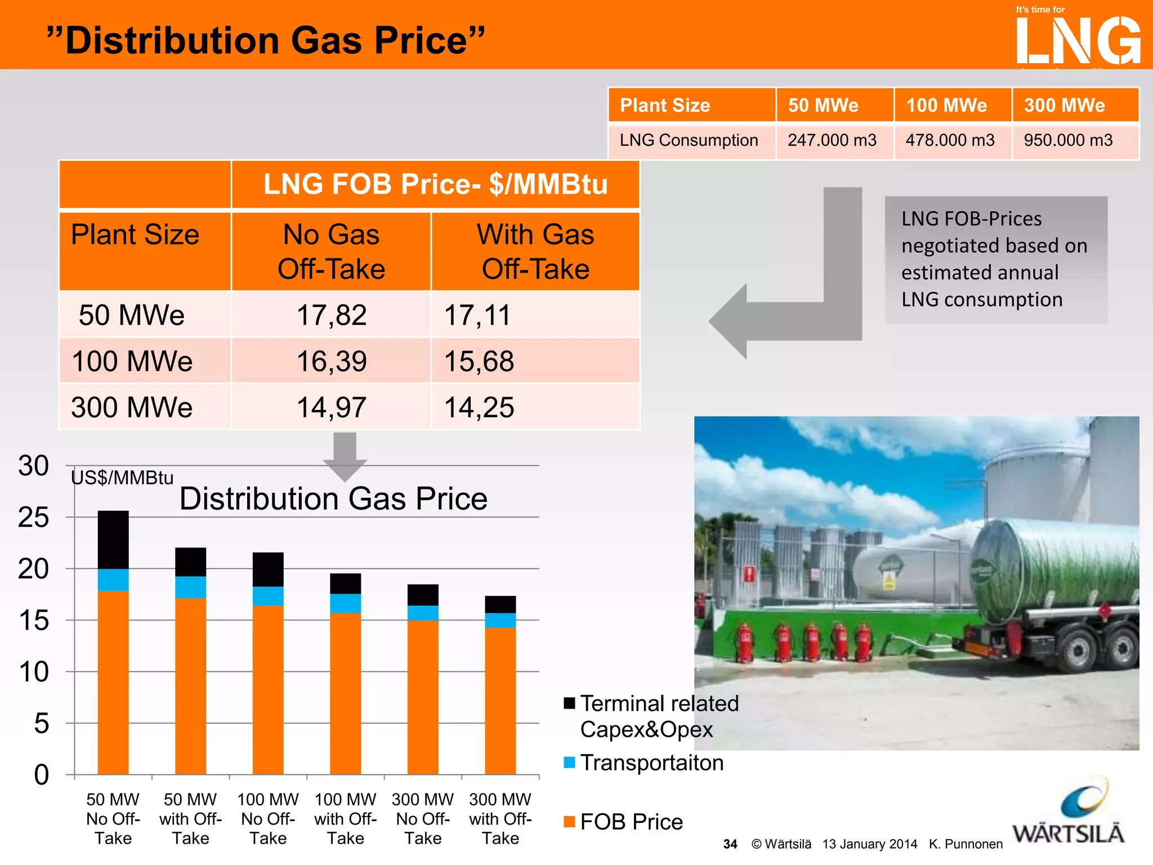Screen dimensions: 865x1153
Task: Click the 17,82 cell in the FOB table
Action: [332, 315]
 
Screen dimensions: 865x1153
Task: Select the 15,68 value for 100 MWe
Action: [479, 361]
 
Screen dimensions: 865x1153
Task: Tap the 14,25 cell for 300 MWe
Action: [479, 407]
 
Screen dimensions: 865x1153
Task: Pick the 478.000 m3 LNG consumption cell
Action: [950, 140]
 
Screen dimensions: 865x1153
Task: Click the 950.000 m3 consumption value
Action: [1068, 140]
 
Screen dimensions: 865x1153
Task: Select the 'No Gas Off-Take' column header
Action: [332, 251]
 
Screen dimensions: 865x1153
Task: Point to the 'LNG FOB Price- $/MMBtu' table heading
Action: [435, 184]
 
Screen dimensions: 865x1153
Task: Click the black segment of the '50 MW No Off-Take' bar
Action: [113, 539]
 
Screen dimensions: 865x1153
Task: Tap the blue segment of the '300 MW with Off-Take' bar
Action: [500, 620]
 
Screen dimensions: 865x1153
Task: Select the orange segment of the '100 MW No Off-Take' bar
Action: [268, 690]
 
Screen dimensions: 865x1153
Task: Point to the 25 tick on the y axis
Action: [34, 518]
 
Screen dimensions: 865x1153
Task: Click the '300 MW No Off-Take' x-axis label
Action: [423, 818]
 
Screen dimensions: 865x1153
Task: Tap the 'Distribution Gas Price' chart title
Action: [333, 499]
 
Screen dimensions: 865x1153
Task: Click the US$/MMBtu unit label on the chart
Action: [122, 478]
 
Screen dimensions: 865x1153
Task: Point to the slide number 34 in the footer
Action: [730, 844]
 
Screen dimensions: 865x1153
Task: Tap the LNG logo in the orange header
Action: [1078, 39]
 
